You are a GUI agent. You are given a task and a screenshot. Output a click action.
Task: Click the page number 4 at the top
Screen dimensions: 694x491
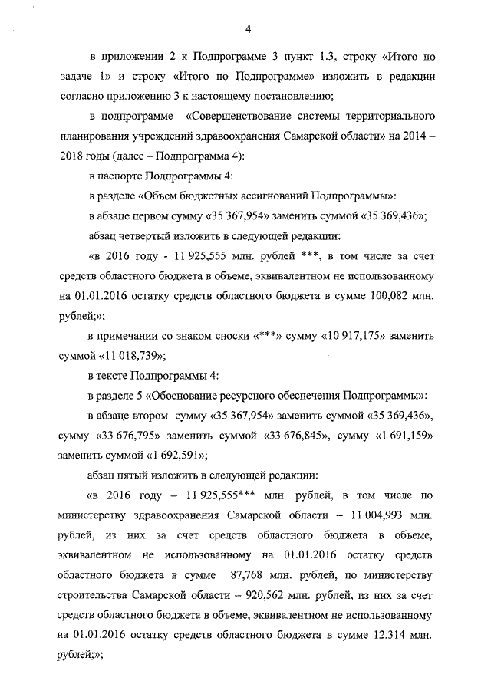click(249, 29)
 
